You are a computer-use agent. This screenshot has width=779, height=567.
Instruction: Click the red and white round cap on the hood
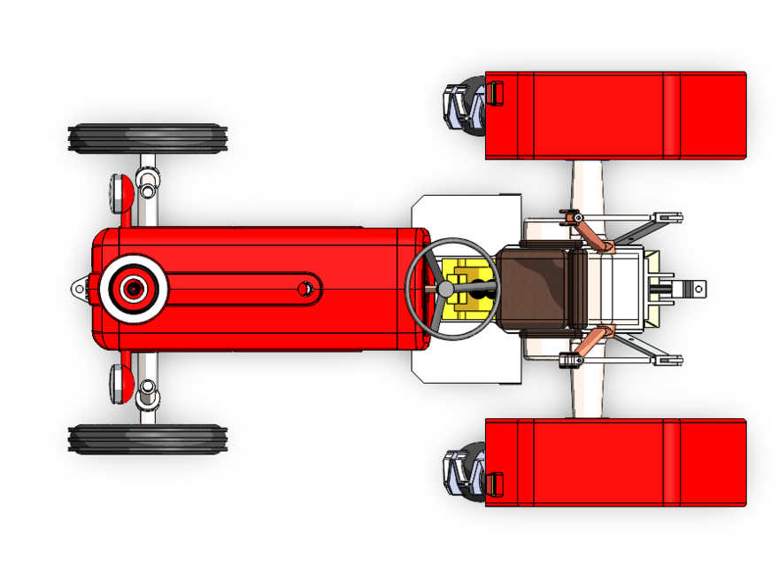coord(134,288)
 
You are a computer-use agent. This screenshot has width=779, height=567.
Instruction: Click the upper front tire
coord(148,138)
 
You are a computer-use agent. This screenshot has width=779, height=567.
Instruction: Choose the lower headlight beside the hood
coord(119,384)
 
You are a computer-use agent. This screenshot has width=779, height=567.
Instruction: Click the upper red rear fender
coord(615,115)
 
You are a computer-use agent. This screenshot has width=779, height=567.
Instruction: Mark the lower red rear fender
coord(615,462)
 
